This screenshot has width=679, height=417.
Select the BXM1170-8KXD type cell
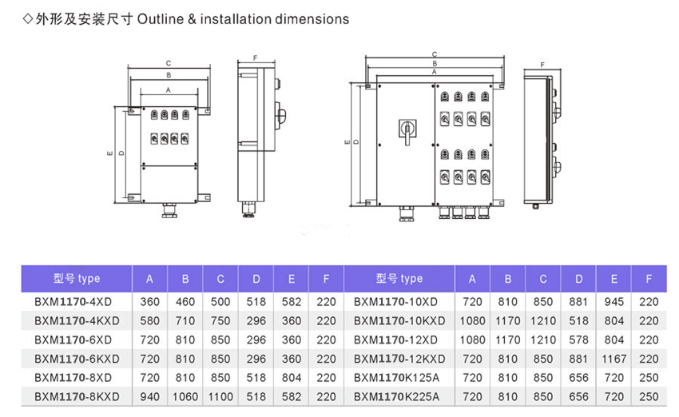pos(77,396)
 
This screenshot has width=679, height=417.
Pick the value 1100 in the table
pos(220,396)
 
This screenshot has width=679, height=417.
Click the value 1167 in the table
pos(613,359)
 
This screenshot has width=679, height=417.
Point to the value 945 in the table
pos(613,302)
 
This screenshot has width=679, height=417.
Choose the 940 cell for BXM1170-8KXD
pos(149,396)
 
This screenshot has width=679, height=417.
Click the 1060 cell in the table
pos(185,396)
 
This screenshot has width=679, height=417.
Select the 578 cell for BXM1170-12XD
pos(578,340)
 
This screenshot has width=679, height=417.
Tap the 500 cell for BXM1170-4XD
pos(220,302)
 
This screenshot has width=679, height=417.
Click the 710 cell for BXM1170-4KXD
pos(185,321)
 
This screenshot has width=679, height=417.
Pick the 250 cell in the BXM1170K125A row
pos(649,377)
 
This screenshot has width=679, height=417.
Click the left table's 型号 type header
pos(77,279)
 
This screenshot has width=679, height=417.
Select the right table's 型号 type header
pos(399,279)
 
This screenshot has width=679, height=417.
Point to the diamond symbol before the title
pos(28,18)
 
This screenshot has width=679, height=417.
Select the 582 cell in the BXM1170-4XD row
pos(292,302)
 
